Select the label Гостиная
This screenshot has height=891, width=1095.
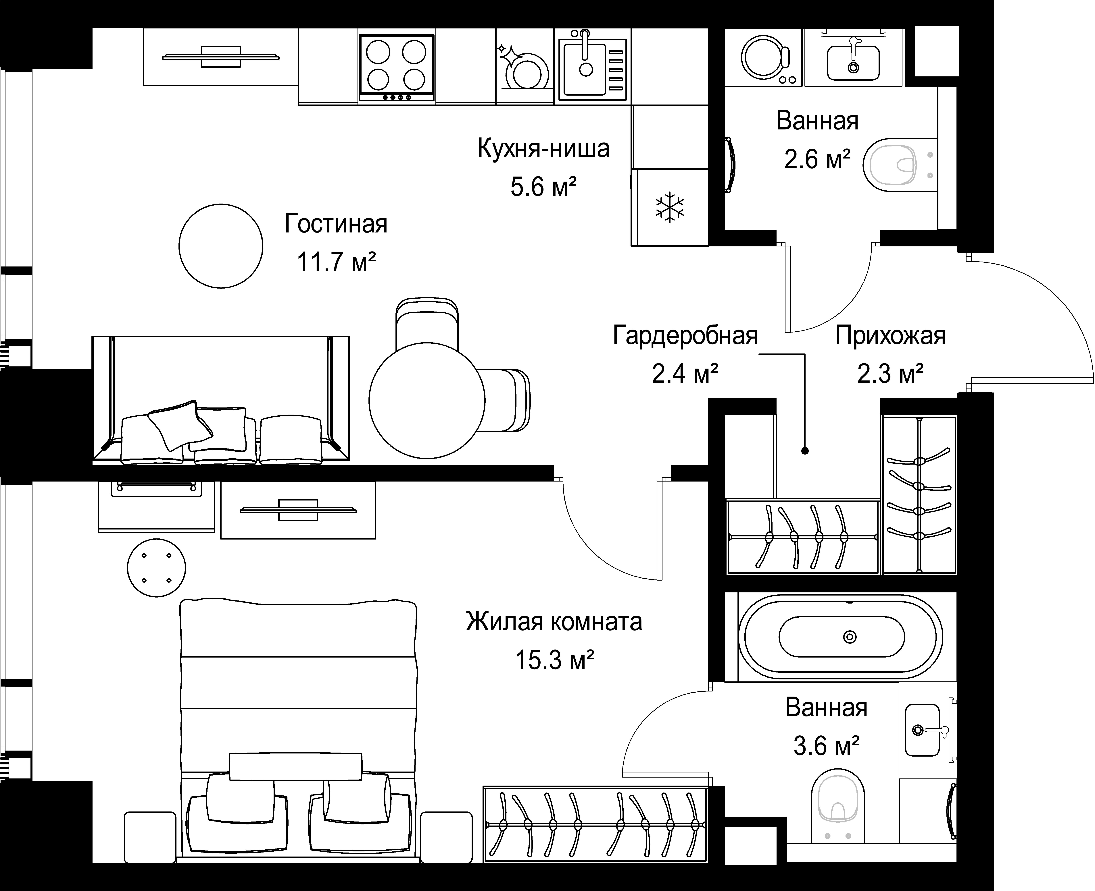coord(336,224)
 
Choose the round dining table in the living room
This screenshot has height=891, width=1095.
coord(427,400)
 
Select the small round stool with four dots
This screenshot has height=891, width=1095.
coord(156,568)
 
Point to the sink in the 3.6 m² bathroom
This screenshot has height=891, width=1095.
coord(923,730)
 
